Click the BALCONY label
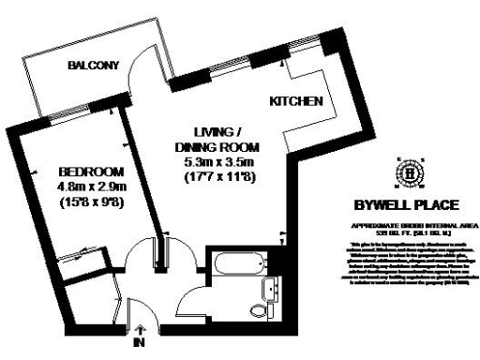[92, 66]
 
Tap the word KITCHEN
[296, 101]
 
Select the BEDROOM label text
[90, 172]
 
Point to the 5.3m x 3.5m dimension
[215, 162]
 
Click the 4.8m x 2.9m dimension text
[90, 187]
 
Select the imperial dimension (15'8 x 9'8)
[90, 202]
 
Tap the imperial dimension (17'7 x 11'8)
[215, 177]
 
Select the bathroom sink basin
[269, 288]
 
